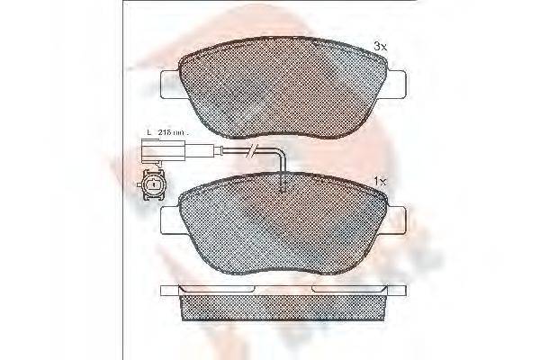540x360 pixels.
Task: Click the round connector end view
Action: pos(153,185)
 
